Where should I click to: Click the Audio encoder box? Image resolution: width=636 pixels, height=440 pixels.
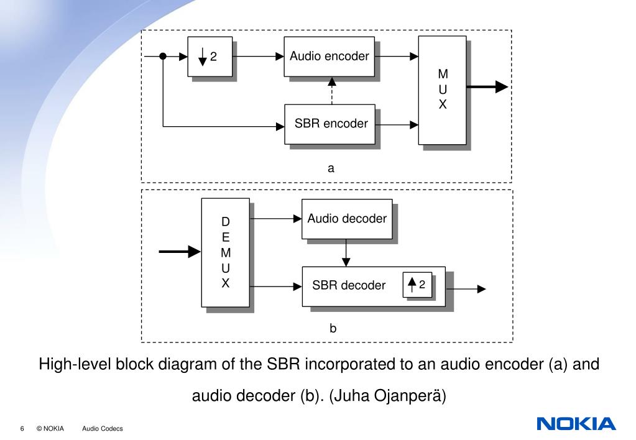(329, 57)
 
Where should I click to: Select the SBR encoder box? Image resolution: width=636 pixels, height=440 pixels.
(330, 124)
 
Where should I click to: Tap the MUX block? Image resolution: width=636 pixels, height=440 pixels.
(443, 90)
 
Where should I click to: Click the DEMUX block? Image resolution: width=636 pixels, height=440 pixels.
(226, 252)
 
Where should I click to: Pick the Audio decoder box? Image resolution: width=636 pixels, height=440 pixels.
(347, 219)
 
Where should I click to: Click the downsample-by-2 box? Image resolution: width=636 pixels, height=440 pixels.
(210, 57)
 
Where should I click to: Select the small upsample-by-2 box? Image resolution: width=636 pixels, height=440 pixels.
(417, 285)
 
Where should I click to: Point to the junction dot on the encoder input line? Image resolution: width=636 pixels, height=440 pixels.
(163, 57)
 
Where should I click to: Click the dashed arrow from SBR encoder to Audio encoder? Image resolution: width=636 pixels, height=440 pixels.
(332, 91)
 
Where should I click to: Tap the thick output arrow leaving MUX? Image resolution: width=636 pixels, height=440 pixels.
(487, 86)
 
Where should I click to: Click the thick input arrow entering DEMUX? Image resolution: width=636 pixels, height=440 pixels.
(180, 252)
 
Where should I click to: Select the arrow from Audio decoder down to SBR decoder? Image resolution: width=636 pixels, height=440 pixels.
(346, 253)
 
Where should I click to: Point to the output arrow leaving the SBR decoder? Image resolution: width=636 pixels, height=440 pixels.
(466, 289)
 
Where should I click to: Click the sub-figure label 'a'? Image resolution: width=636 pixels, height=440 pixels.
(331, 168)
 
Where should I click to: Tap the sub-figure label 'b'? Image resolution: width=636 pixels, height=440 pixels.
(333, 328)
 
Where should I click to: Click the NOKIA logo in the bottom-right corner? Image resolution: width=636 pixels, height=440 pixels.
(576, 424)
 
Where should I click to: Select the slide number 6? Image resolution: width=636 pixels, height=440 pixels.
(22, 429)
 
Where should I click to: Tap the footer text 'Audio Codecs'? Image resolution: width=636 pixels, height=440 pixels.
(102, 429)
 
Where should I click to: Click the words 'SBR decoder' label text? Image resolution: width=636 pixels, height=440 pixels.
(349, 285)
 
